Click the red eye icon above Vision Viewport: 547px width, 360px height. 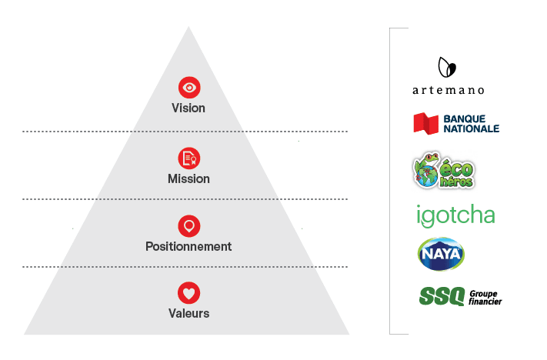(188, 87)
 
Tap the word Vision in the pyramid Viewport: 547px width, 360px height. (188, 108)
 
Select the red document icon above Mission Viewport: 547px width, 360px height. (188, 158)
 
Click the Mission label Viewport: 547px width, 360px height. (188, 178)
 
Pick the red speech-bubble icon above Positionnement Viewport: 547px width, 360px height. (188, 225)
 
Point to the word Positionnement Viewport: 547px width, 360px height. (188, 247)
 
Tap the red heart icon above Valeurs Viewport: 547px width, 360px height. (188, 292)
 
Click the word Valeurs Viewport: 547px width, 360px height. (188, 313)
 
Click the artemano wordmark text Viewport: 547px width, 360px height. (449, 90)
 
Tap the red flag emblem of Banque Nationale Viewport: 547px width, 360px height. (426, 123)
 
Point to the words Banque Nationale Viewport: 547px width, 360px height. (472, 123)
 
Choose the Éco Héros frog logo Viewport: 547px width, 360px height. (443, 171)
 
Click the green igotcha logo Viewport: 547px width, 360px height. (455, 215)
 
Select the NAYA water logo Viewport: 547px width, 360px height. (440, 253)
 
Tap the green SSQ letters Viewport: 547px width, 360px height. (442, 295)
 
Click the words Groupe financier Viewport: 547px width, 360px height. (485, 297)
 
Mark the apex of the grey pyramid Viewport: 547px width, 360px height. (188, 28)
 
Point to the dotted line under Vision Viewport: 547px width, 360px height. (185, 132)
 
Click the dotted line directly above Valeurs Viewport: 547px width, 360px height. (185, 267)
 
